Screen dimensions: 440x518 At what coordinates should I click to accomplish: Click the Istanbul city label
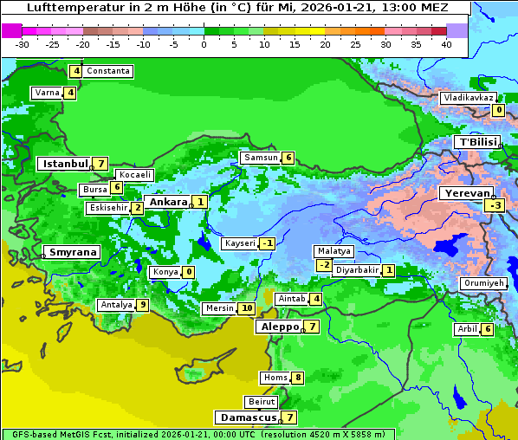coord(65,164)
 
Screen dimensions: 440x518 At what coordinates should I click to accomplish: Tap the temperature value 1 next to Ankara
coord(200,202)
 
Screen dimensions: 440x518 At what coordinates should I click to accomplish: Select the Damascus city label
coord(247,417)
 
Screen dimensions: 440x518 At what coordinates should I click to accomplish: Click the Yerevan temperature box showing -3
coord(495,205)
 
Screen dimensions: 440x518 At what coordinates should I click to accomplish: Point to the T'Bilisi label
coord(478,142)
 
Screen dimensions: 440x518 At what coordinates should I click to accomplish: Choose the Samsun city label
coord(260,158)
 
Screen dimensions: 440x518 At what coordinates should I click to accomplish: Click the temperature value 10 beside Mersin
coord(247,308)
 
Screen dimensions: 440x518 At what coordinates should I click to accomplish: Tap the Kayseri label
coord(240,243)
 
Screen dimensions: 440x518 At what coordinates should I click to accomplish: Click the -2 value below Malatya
coord(324,265)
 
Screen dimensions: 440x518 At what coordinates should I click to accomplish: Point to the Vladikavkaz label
coord(469,98)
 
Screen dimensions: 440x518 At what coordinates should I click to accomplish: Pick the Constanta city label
coord(108,71)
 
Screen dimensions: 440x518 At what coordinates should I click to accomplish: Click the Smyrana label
coord(72,253)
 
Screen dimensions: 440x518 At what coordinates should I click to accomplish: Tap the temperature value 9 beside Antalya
coord(142,305)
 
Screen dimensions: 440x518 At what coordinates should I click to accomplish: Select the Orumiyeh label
coord(482,283)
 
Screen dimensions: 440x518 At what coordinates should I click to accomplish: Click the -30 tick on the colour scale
coord(22,43)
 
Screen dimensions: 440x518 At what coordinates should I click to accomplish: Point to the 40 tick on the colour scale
coord(446,43)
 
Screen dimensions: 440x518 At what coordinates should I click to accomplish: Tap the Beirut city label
coord(262,402)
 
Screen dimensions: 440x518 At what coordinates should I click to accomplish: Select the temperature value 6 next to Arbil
coord(488,329)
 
